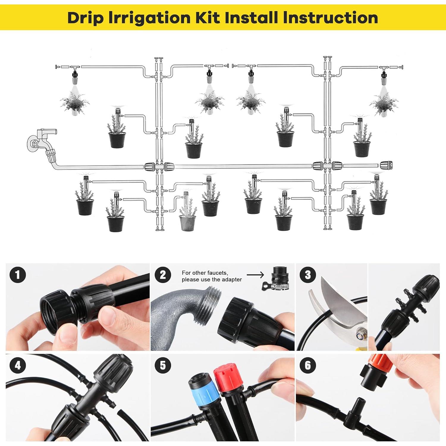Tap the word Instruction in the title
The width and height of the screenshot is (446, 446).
click(x=331, y=18)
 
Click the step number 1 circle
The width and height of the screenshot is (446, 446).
click(x=18, y=274)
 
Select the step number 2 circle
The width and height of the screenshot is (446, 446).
click(x=163, y=274)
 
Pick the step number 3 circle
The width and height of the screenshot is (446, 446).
click(x=308, y=274)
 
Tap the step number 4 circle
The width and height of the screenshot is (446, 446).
click(x=18, y=365)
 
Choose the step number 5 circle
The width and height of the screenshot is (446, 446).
click(x=163, y=365)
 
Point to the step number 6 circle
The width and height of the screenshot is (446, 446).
click(x=308, y=365)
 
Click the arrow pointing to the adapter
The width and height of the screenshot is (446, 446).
click(x=255, y=275)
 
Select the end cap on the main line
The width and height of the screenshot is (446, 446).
click(x=387, y=165)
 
